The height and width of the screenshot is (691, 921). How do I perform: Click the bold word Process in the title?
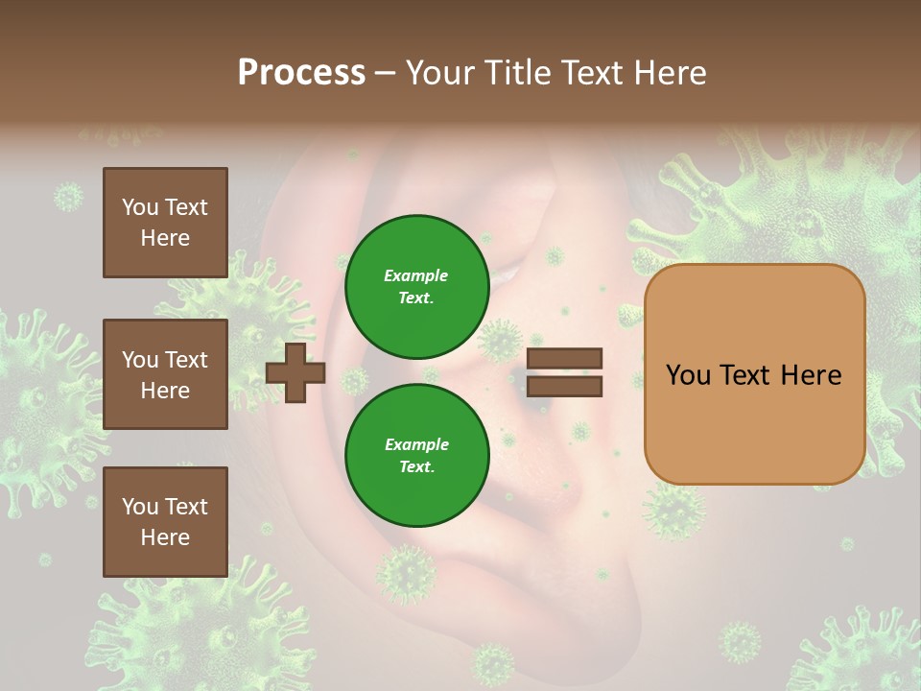pos(301,73)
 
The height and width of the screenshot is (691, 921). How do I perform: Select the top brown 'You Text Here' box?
pos(165,223)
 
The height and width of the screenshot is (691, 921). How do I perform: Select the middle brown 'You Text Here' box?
pos(165,374)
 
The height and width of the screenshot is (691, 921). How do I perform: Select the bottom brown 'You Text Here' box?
pos(165,521)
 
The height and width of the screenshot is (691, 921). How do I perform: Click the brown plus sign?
pos(295,372)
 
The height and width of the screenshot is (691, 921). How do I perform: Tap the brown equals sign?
pos(564,372)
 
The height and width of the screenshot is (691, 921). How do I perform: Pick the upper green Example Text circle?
pos(416,286)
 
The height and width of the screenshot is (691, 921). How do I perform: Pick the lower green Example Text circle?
pos(416,455)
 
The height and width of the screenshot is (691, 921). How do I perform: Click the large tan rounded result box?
pos(754,374)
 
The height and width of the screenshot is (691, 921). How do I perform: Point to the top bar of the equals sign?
pos(564,359)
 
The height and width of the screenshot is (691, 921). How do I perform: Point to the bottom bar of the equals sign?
pos(564,386)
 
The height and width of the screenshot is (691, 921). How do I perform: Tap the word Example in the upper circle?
pos(416,275)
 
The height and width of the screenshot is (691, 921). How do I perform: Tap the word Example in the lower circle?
pos(416,444)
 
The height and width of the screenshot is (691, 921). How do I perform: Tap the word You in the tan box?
pos(688,375)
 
